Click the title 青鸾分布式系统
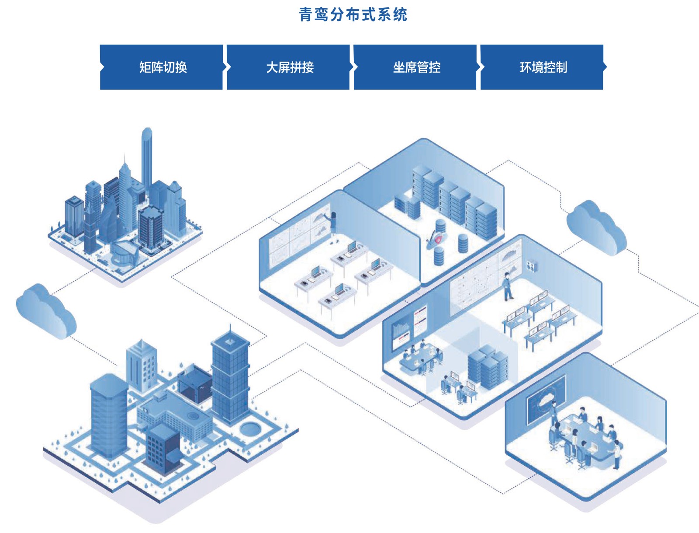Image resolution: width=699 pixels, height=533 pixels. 353,15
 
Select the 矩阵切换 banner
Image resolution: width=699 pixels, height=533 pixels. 163,67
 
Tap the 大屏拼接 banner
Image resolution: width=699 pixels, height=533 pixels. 290,67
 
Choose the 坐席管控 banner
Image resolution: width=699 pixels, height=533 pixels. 416,67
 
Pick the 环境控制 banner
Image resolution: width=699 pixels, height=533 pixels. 543,67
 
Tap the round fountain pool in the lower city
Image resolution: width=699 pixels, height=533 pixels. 249,428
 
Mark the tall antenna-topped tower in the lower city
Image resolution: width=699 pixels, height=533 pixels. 230,376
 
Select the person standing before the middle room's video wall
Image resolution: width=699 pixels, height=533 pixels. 507,287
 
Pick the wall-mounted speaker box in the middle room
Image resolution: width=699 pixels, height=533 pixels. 531,265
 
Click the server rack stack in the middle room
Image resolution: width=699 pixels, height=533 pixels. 488,366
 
